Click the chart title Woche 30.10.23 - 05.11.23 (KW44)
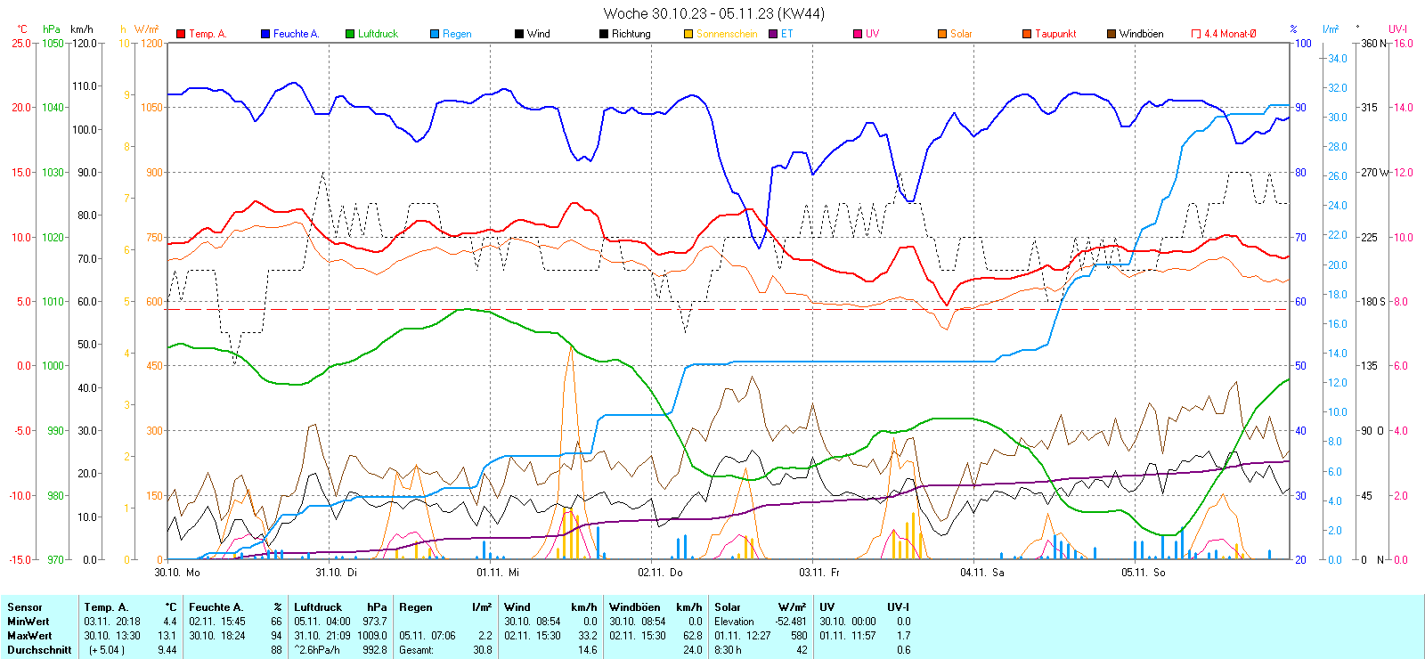tap(713, 13)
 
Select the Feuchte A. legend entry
tap(296, 34)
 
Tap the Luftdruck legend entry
tap(378, 34)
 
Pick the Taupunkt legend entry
tap(1055, 34)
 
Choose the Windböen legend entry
tap(1141, 34)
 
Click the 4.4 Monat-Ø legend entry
tap(1230, 34)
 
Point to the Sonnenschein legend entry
tap(727, 34)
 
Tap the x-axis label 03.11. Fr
tap(819, 573)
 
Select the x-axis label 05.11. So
tap(1143, 573)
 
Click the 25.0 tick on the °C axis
tap(21, 43)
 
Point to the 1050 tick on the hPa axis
tap(53, 43)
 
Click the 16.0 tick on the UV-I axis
tap(1404, 43)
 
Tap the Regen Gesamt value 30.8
tap(482, 650)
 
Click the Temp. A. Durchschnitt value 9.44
tap(167, 650)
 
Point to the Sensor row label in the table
tap(25, 607)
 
